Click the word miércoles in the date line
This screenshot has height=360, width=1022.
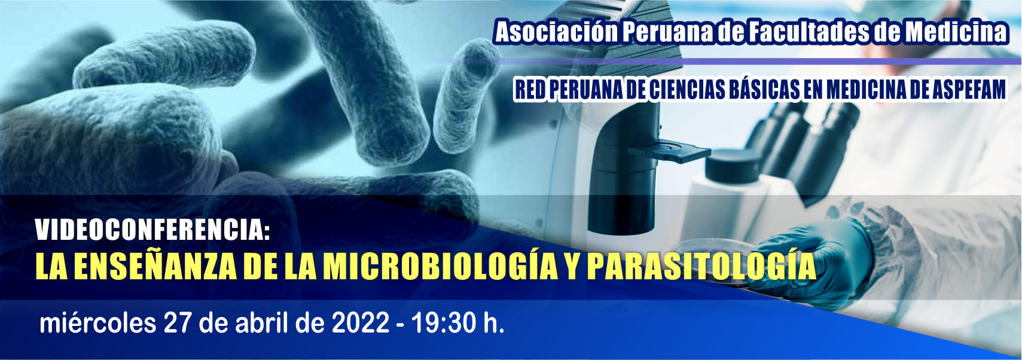[97, 323]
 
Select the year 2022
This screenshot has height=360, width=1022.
[361, 323]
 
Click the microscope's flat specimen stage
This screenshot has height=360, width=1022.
[669, 151]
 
